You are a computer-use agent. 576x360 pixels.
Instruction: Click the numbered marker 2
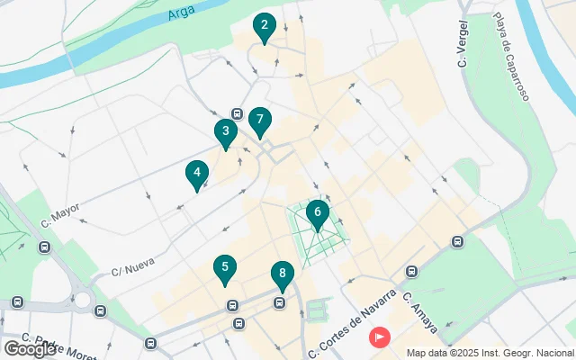264,27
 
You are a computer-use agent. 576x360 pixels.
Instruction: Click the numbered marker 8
283,274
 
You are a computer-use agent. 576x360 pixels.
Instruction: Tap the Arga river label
181,13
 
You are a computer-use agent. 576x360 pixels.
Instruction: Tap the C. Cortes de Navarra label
352,321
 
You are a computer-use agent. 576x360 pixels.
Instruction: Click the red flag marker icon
381,337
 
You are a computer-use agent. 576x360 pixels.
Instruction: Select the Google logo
29,348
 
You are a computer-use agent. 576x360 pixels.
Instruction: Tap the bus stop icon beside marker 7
237,113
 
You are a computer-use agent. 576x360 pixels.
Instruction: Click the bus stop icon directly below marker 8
280,302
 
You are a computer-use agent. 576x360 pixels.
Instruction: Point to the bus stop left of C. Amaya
412,271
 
